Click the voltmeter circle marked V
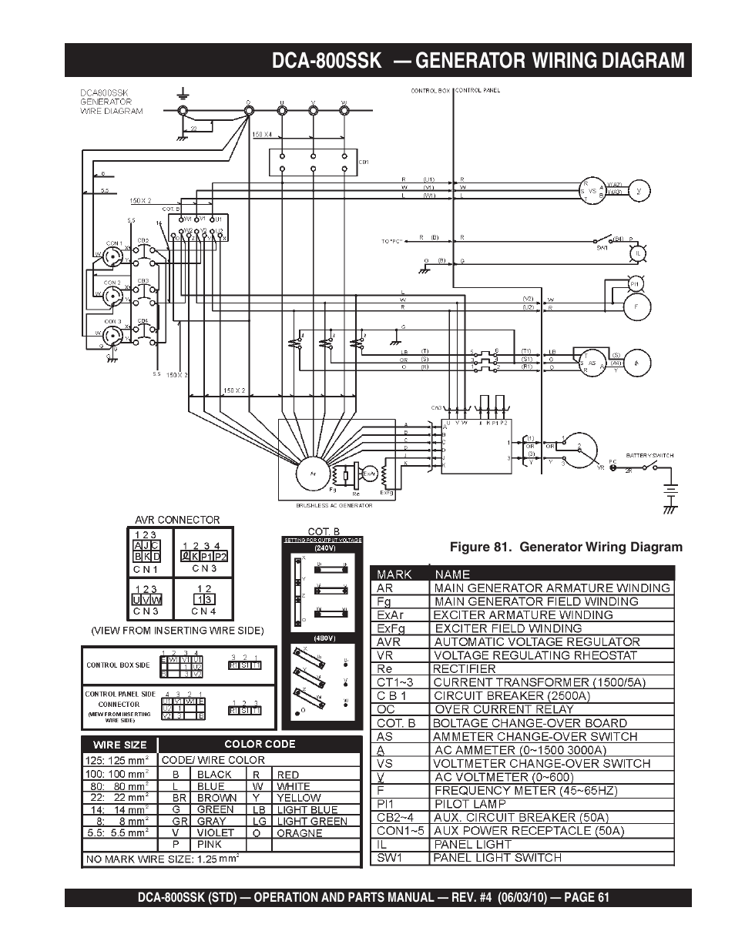[639, 190]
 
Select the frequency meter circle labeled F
[636, 307]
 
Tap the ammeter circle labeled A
[636, 362]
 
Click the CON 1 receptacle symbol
[112, 260]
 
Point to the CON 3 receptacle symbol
[112, 335]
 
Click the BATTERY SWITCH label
[649, 455]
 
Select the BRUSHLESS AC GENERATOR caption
[334, 505]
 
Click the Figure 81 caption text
[566, 547]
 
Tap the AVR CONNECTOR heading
[177, 520]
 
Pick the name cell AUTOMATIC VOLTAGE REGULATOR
[537, 641]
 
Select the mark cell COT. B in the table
[395, 722]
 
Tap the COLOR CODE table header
[260, 744]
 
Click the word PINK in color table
[210, 844]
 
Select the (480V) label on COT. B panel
[323, 638]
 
